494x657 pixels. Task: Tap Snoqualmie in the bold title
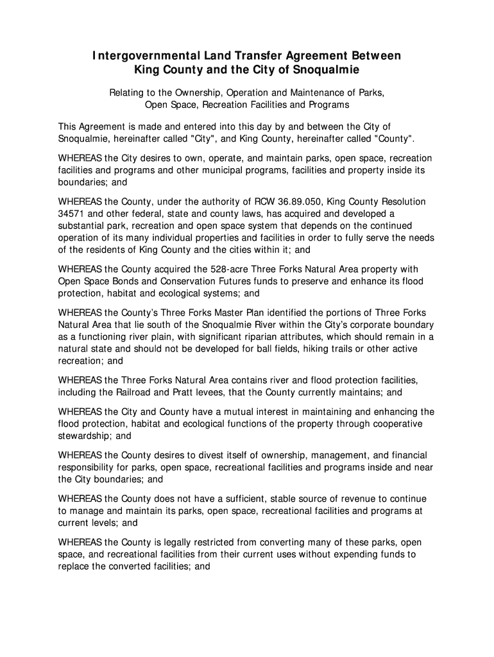328,70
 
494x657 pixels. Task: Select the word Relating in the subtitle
126,92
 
